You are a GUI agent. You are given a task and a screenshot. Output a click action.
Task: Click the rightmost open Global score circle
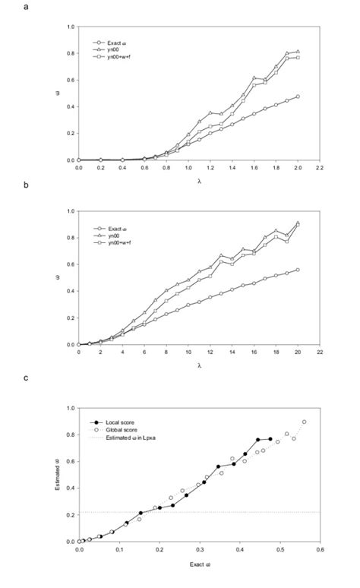pyautogui.click(x=304, y=422)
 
